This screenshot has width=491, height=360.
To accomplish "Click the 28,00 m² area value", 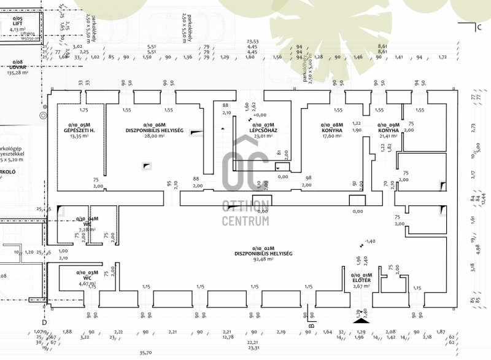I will [x=155, y=136].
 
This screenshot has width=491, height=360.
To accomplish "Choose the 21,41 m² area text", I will [x=388, y=136].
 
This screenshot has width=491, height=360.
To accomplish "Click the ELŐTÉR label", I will [x=361, y=280].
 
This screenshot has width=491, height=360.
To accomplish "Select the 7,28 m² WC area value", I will [x=88, y=229].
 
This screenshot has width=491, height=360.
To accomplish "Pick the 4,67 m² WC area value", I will [x=88, y=284].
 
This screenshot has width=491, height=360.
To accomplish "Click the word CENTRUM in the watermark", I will [x=245, y=221].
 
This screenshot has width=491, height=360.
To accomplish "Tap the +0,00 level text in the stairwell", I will [x=260, y=115].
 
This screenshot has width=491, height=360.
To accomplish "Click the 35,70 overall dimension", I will [x=145, y=353].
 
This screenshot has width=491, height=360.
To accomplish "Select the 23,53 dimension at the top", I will [x=252, y=42].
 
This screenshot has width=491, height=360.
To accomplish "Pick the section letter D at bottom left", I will [x=44, y=321].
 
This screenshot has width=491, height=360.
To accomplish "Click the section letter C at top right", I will [x=478, y=27].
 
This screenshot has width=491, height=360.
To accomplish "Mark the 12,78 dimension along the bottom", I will [x=228, y=337].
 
